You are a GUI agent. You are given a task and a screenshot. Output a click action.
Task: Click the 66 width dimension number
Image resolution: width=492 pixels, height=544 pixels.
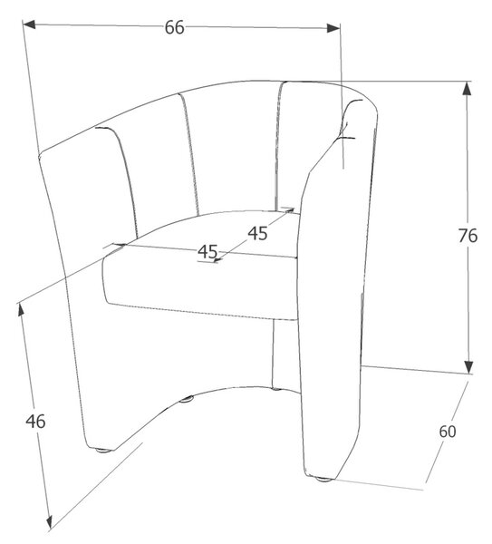174,27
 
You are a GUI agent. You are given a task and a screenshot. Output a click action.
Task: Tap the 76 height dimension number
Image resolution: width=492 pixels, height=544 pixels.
468,236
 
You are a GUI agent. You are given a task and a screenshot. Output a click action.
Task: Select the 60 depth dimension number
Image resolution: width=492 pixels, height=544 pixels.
448,432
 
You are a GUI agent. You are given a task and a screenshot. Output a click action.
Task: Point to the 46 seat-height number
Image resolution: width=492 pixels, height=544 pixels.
35,422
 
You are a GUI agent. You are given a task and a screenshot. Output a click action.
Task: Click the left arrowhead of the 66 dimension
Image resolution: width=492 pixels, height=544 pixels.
29,24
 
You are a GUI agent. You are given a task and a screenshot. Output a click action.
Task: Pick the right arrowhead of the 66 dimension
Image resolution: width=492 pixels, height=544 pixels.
333,28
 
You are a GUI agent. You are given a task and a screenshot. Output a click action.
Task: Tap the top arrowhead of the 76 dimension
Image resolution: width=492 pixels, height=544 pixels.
467,88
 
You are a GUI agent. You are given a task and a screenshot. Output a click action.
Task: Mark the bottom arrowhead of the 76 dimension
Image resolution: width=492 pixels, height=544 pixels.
468,367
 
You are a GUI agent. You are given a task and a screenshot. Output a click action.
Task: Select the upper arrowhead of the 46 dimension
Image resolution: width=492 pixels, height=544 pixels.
21,309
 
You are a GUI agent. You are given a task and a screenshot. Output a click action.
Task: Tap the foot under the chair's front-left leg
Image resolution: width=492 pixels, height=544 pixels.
102,451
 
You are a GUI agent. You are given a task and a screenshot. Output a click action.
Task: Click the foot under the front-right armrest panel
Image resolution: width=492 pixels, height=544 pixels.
323,480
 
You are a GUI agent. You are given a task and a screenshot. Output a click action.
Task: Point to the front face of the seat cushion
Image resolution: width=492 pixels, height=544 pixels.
199,285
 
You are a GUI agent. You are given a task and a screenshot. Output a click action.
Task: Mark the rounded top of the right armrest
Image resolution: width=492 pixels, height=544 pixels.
361,104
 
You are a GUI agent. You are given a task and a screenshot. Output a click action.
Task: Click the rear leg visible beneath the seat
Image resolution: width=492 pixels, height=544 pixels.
276,354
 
